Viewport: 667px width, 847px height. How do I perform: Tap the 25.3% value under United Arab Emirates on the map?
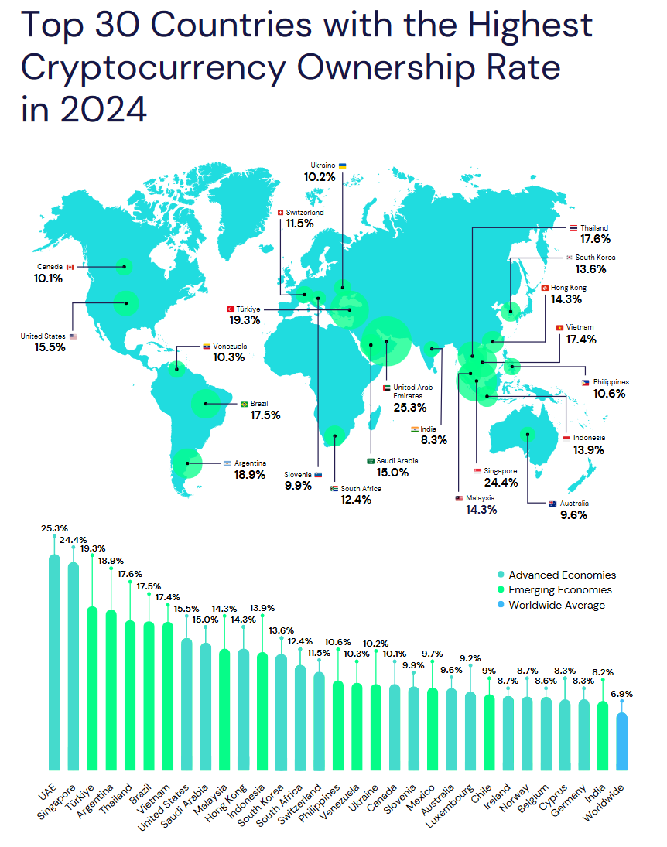click(x=409, y=407)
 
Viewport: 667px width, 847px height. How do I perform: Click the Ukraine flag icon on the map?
click(x=342, y=166)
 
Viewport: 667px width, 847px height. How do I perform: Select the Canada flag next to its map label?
click(x=69, y=267)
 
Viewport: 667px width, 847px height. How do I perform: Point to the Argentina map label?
click(x=250, y=463)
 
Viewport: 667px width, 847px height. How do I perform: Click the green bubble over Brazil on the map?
click(x=205, y=403)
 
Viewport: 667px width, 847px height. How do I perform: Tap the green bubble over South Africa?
click(x=335, y=437)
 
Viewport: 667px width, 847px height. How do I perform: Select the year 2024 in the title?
click(x=99, y=109)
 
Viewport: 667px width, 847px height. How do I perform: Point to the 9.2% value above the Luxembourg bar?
click(x=469, y=658)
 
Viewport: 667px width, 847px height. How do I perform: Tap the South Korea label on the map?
click(x=596, y=258)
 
